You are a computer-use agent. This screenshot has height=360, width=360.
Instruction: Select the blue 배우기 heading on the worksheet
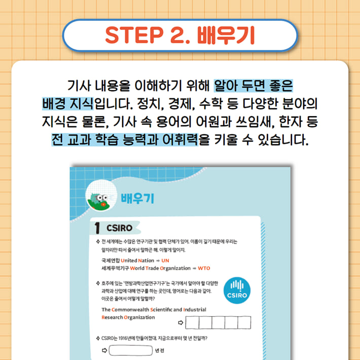[x=137, y=197]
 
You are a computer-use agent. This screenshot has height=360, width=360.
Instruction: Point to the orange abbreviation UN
[x=165, y=260]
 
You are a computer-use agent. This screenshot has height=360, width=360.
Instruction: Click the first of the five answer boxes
[x=193, y=322]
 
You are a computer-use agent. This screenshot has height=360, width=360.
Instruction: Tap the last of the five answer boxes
[x=244, y=322]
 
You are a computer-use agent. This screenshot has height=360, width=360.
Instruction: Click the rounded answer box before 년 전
[x=130, y=350]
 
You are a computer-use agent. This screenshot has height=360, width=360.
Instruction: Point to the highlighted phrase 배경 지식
[x=67, y=103]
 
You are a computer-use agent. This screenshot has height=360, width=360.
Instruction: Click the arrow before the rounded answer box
[x=105, y=350]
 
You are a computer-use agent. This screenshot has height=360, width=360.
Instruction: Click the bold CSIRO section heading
[x=119, y=228]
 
